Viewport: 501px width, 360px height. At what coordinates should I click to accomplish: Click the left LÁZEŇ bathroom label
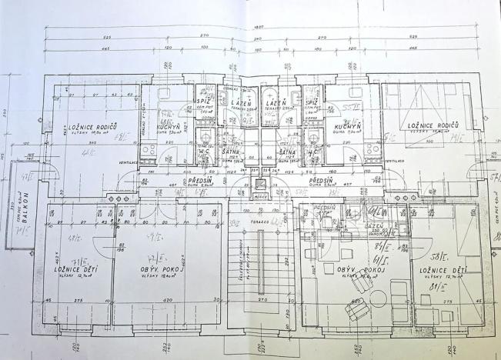click(239, 102)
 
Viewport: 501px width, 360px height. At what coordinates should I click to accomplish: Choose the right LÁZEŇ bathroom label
click(276, 102)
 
